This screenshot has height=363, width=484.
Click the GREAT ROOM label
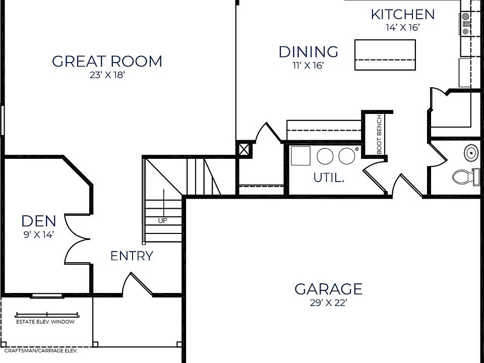[107, 62]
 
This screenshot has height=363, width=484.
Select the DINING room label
[309, 51]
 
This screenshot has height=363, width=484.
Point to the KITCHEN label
[402, 15]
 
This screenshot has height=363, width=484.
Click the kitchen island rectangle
[386, 55]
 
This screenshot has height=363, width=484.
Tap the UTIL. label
[329, 177]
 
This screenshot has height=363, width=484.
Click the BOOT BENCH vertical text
[380, 134]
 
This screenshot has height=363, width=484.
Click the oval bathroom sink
[471, 151]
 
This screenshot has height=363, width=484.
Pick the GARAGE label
[328, 289]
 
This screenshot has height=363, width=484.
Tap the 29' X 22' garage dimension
[328, 303]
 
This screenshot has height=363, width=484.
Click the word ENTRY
[132, 256]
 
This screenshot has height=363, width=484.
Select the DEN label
[39, 221]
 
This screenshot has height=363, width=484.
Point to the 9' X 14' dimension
[39, 234]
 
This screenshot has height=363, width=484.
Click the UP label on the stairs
[162, 221]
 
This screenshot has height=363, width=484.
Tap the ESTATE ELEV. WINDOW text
[45, 322]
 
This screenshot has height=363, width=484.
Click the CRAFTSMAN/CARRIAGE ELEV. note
[41, 350]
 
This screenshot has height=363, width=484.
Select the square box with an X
[244, 149]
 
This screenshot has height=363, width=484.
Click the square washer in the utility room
[300, 156]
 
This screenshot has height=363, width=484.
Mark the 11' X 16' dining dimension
[309, 66]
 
